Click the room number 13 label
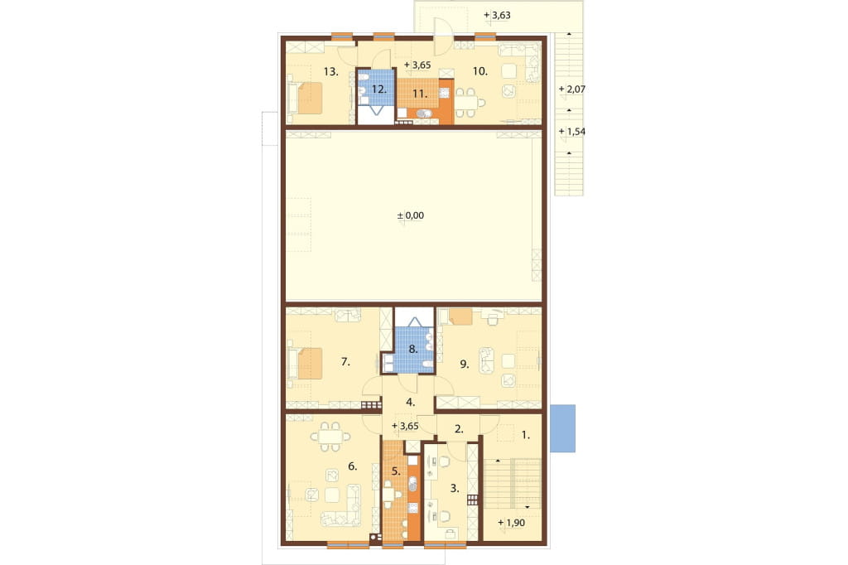pyautogui.click(x=331, y=71)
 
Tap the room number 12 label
pyautogui.click(x=379, y=89)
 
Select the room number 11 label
pyautogui.click(x=420, y=94)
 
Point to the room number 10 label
pyautogui.click(x=480, y=71)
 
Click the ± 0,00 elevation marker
pyautogui.click(x=411, y=215)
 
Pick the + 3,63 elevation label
pyautogui.click(x=497, y=15)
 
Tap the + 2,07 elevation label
pyautogui.click(x=572, y=89)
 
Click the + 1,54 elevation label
pyautogui.click(x=572, y=132)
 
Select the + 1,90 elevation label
pyautogui.click(x=511, y=523)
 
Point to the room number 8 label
pyautogui.click(x=413, y=349)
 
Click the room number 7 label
pyautogui.click(x=345, y=361)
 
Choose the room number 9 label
pyautogui.click(x=465, y=365)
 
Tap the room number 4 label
pyautogui.click(x=411, y=402)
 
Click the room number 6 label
pyautogui.click(x=353, y=466)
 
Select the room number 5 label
pyautogui.click(x=396, y=471)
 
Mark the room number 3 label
pyautogui.click(x=455, y=488)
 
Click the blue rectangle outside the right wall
pyautogui.click(x=562, y=428)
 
